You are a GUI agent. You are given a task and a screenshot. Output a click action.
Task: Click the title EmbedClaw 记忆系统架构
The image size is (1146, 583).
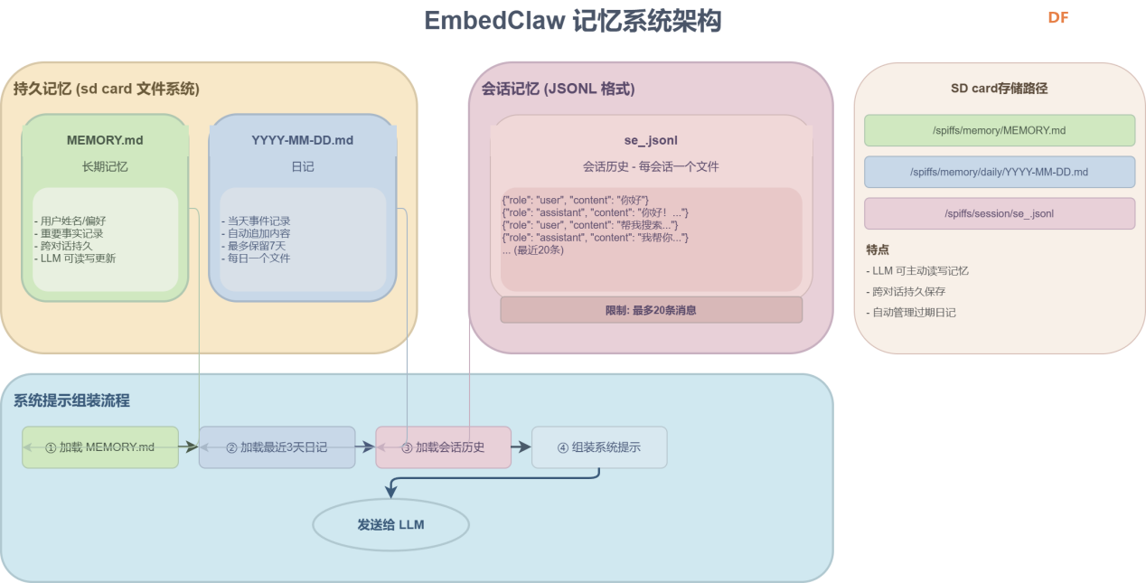point(573,21)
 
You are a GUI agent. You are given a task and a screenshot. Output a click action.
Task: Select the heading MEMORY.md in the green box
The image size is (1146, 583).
point(105,140)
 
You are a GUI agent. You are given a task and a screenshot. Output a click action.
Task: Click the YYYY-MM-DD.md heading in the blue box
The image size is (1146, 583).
point(302,140)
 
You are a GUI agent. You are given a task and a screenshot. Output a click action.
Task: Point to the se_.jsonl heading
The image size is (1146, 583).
point(651,140)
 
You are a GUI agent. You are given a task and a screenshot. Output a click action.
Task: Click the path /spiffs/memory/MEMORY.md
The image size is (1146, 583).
point(999,130)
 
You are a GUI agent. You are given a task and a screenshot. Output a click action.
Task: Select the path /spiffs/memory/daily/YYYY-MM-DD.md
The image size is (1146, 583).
point(999,172)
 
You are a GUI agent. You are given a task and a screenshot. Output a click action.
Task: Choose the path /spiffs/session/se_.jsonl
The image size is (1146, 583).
point(999,213)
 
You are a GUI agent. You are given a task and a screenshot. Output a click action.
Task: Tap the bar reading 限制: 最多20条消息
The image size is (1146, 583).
point(651,310)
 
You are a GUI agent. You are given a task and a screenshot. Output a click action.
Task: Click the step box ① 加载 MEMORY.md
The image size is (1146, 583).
point(100,447)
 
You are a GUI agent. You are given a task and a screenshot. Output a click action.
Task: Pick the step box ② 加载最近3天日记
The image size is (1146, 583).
point(277,447)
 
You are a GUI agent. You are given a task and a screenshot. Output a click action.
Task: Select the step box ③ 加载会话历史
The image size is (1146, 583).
point(443,447)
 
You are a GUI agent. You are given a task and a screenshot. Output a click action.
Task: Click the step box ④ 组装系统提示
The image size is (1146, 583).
point(599,447)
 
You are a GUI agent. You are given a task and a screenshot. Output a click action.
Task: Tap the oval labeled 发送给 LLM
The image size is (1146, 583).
point(390,525)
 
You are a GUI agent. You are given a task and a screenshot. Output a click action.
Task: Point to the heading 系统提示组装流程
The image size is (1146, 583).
point(72,400)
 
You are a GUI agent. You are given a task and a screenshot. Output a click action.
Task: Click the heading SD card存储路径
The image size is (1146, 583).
point(999,89)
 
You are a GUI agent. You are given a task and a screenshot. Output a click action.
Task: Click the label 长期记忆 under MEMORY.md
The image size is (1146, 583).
point(105,166)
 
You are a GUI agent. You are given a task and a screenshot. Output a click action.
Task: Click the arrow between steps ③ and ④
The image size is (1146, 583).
point(521,447)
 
